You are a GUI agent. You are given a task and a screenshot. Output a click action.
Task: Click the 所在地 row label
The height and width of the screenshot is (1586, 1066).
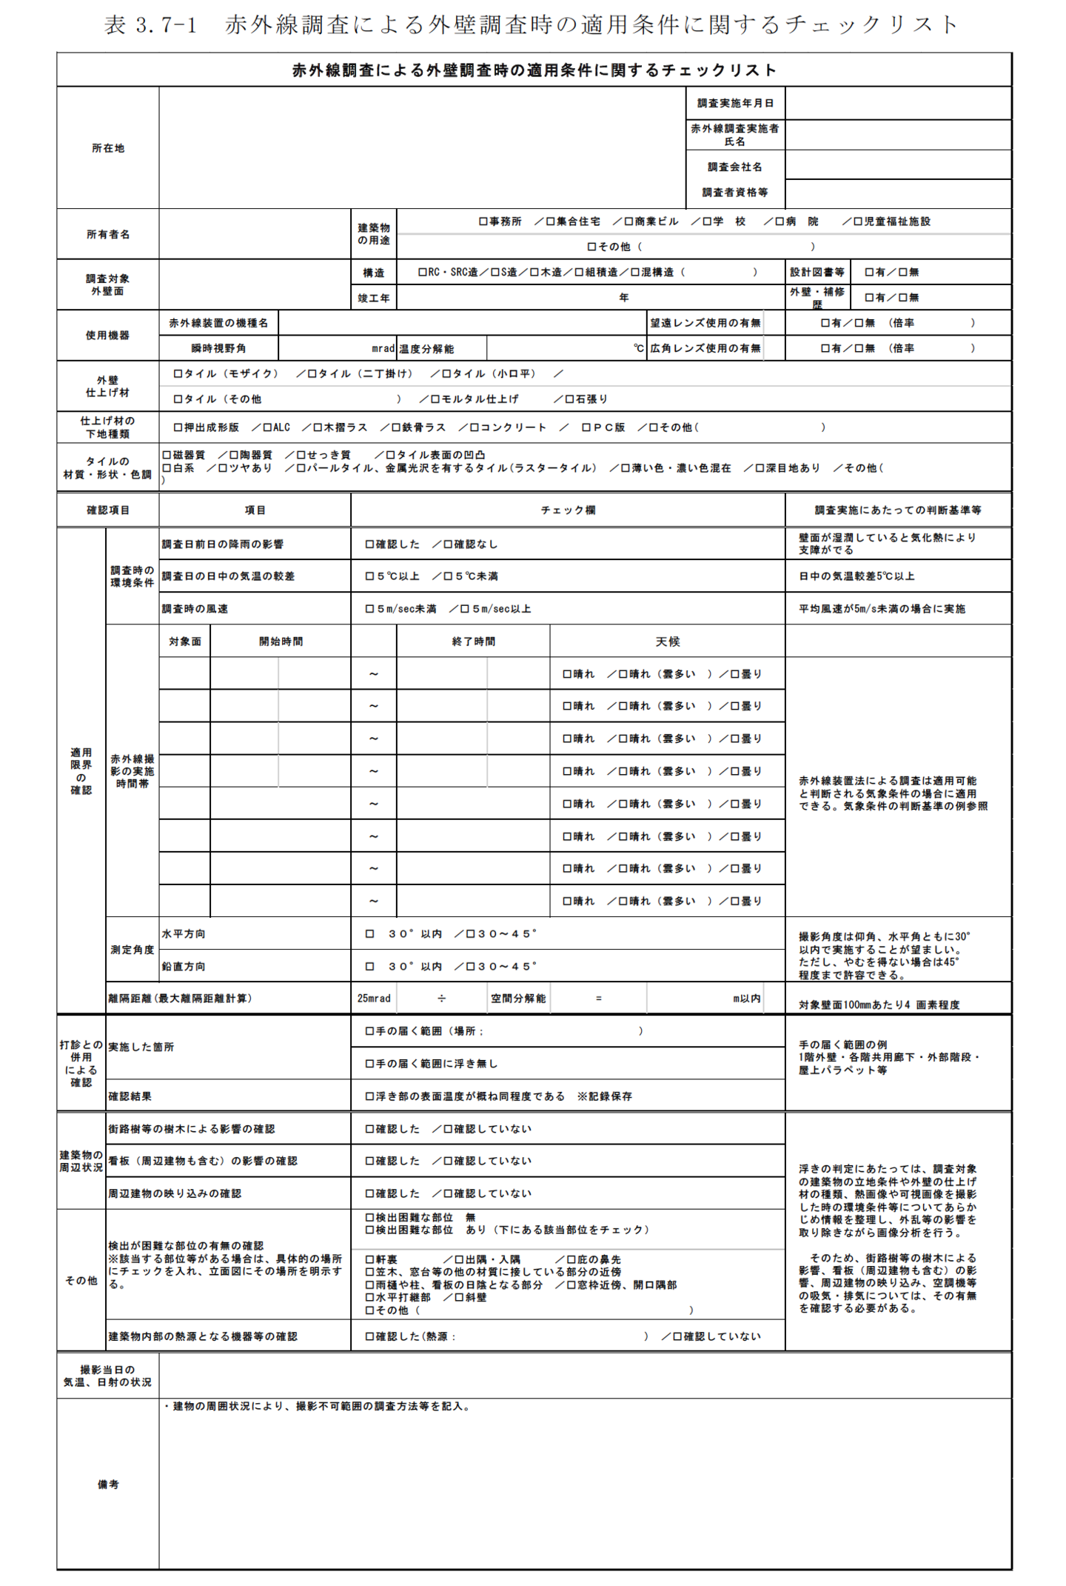(108, 148)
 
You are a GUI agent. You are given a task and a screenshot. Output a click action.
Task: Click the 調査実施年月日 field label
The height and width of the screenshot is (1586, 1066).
(735, 103)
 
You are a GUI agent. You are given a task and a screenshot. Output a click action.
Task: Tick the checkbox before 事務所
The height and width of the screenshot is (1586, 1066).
(483, 221)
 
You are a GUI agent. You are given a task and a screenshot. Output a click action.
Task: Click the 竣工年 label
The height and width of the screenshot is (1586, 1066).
(374, 298)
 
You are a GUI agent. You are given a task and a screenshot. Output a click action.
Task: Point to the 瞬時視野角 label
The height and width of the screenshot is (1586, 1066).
(218, 348)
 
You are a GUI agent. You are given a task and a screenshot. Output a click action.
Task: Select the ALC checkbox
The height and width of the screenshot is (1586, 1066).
(268, 427)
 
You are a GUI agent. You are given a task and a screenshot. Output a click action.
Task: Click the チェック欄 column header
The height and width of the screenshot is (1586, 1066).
(568, 510)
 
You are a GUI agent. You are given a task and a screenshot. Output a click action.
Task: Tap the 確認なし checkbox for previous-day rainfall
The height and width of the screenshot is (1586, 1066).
(448, 544)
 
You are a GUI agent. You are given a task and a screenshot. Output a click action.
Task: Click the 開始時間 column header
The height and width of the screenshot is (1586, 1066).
(281, 642)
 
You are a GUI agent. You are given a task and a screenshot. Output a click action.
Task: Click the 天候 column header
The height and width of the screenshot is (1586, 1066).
(667, 642)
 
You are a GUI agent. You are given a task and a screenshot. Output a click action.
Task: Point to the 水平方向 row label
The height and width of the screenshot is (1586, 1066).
(184, 934)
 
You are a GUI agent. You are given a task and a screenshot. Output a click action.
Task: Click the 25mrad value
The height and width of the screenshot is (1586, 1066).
(374, 999)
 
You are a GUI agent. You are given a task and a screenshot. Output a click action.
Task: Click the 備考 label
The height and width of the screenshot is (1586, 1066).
(108, 1485)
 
